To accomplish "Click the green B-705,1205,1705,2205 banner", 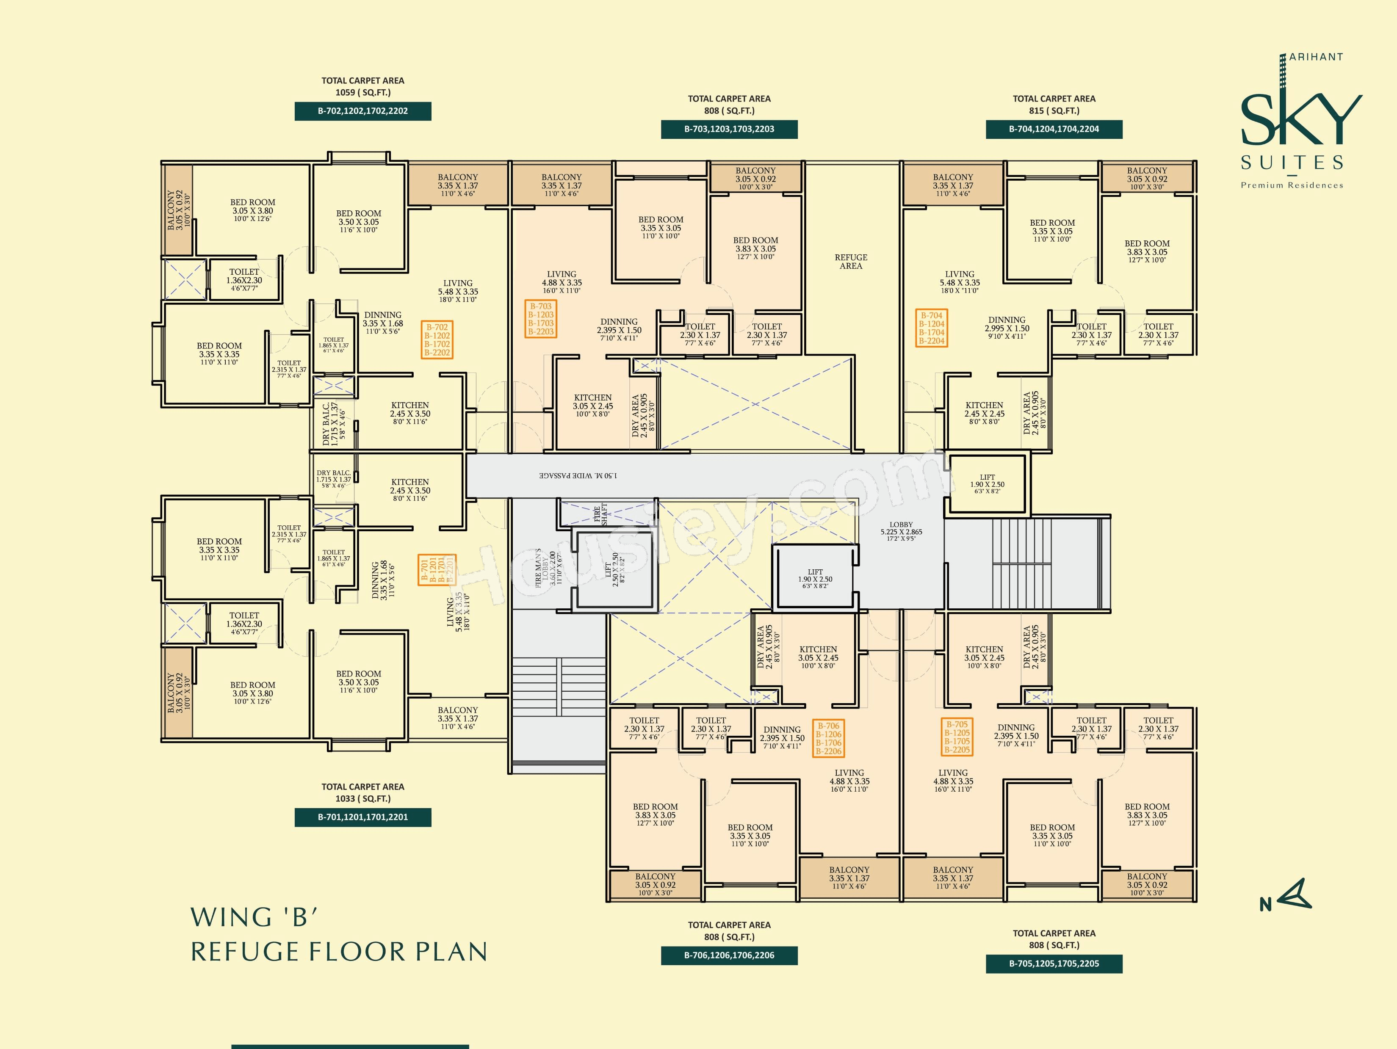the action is (1054, 964).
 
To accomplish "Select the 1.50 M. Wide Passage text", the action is (578, 475).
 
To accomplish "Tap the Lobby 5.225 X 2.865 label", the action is (901, 531).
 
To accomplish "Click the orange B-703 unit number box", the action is (541, 319).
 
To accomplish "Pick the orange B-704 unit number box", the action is (932, 328).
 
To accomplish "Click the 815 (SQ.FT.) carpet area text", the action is (1054, 111).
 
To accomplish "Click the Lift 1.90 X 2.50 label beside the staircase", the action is (987, 484).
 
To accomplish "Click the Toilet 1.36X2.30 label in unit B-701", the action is (244, 624).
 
